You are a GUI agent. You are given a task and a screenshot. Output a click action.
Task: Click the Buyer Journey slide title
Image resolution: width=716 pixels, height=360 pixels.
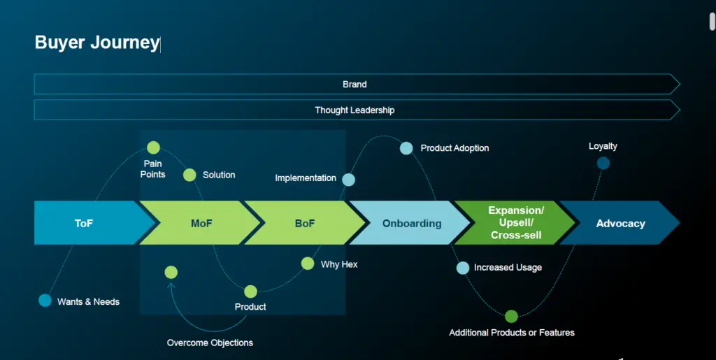[x=97, y=43]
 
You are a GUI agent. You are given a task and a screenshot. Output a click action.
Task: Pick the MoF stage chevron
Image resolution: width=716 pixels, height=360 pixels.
[x=201, y=223]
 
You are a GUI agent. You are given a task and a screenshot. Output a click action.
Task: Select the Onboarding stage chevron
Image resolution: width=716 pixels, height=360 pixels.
[x=411, y=223]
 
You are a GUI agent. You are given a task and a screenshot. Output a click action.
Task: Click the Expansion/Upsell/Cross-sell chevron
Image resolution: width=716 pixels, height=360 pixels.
[x=516, y=223]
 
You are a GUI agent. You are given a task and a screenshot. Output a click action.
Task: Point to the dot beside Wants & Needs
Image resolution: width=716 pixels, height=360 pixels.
[x=45, y=300]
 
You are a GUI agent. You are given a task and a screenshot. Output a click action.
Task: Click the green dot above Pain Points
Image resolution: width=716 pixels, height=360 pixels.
[x=153, y=147]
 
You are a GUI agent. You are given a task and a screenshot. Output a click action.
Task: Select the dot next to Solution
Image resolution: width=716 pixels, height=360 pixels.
[x=189, y=175]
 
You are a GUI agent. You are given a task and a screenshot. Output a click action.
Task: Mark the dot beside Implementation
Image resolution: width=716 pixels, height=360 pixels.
[x=348, y=180]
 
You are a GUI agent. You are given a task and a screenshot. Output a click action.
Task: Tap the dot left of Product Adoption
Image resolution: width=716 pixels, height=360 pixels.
[x=406, y=148]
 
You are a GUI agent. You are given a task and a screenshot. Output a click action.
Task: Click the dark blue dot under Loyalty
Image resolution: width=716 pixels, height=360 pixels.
[x=603, y=163]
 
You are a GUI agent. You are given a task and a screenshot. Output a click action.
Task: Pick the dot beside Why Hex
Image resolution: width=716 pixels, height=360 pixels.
[x=308, y=264]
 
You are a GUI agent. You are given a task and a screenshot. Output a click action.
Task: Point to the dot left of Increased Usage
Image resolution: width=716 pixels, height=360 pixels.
[x=463, y=268]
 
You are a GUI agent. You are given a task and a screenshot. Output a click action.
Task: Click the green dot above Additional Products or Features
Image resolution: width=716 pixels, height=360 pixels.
[x=511, y=316]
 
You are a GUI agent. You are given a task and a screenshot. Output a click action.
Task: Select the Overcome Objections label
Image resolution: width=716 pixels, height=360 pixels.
[x=210, y=343]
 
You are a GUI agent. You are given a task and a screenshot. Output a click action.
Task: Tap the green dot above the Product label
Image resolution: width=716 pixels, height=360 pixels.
[x=251, y=291]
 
